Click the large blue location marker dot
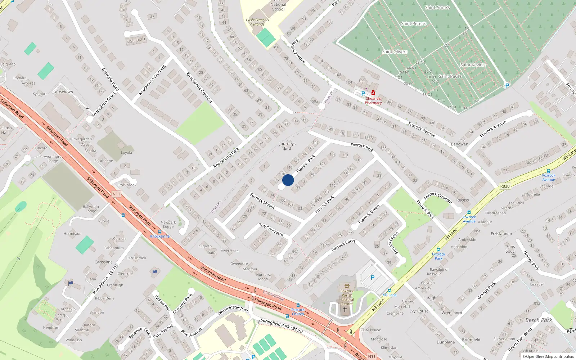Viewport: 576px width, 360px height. (x=288, y=180)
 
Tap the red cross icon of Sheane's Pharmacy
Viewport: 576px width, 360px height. (x=373, y=93)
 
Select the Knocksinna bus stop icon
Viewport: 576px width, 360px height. (x=160, y=232)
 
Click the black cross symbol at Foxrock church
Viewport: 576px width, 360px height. (x=345, y=310)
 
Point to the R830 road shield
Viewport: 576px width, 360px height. (x=505, y=186)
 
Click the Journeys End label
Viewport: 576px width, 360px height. (x=287, y=146)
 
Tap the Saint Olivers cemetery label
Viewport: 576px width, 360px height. (x=395, y=52)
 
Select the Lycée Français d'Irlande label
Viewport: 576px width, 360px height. (x=257, y=22)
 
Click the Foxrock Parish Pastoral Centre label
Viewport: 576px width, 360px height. (x=347, y=297)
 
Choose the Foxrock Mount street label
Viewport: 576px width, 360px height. (x=262, y=201)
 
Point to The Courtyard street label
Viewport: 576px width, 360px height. (x=271, y=230)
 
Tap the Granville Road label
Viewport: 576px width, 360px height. (x=110, y=79)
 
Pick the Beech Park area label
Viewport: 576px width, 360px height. (x=539, y=320)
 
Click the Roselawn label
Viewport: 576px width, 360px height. (x=64, y=92)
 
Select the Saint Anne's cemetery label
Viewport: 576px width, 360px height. (x=437, y=7)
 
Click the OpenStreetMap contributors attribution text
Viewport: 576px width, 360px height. (x=548, y=356)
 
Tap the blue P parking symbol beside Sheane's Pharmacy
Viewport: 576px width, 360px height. (x=363, y=94)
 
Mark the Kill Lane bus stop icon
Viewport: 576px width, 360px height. (x=390, y=291)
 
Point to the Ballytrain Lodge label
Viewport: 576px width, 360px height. (x=91, y=209)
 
